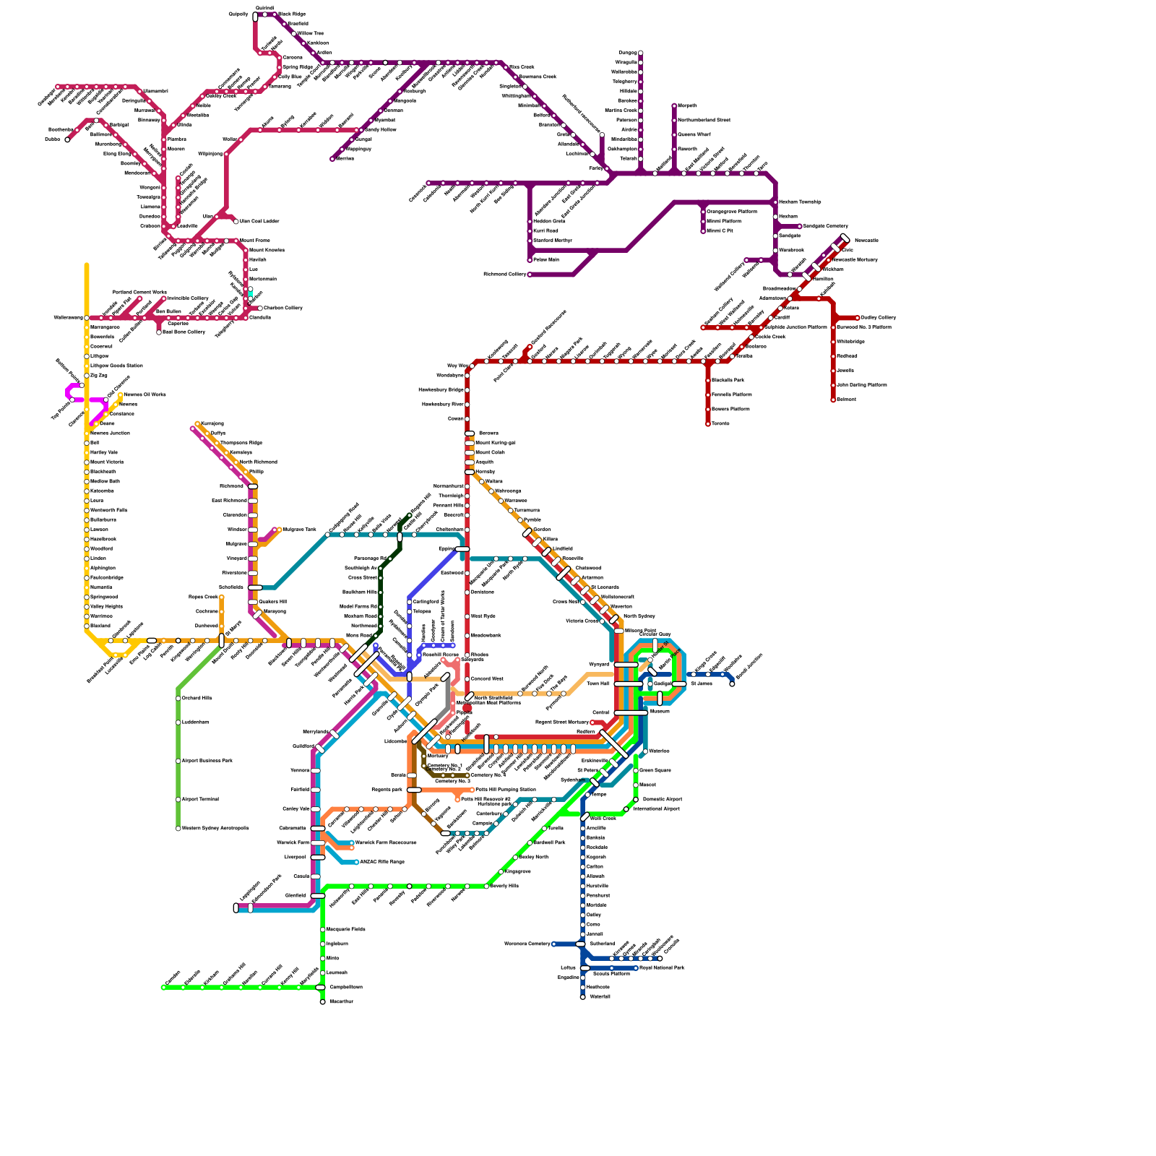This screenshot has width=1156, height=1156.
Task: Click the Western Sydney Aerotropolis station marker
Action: coord(178,829)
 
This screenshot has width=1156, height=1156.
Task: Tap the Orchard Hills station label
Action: coord(197,699)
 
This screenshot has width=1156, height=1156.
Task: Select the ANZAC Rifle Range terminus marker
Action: coord(357,862)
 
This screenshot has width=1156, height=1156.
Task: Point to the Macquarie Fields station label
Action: coord(345,930)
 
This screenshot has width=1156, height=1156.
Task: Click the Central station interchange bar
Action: coord(631,713)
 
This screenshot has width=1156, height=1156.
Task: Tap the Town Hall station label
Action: coord(598,683)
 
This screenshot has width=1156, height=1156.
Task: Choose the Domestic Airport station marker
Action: coord(636,800)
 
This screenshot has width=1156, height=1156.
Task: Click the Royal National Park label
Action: coord(662,967)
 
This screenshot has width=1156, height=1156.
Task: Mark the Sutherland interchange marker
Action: coord(580,944)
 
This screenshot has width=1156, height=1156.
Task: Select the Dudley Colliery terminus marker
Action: coord(858,318)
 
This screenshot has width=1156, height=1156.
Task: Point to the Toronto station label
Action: coord(720,424)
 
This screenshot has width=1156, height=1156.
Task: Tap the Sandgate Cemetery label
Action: coord(825,226)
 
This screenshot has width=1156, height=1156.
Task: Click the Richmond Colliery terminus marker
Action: coord(530,275)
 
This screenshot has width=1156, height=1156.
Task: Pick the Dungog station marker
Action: coord(641,53)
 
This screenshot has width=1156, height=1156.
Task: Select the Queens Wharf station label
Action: coord(694,134)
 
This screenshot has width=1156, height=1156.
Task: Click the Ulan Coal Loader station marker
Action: coord(236,222)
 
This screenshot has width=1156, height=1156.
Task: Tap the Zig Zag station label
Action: coord(98,376)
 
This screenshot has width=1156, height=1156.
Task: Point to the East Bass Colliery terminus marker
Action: coord(159,332)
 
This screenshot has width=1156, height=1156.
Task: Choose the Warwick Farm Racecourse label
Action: coord(387,843)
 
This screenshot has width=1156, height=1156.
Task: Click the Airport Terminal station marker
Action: coord(178,800)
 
